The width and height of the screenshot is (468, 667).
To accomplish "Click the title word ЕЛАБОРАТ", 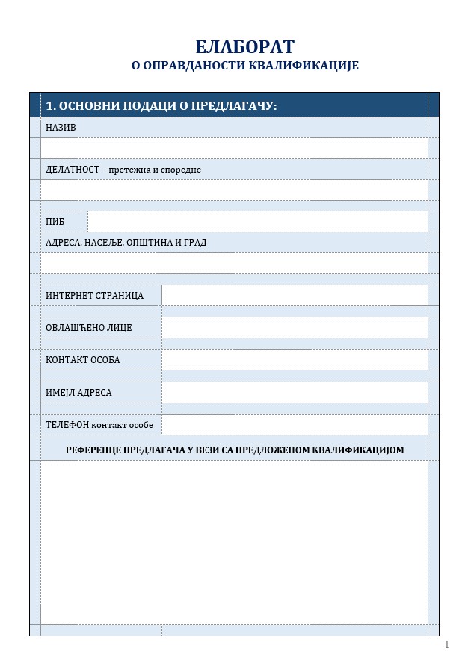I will tap(244, 47).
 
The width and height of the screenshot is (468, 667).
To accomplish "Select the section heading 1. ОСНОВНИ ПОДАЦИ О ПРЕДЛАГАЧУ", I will tap(161, 106).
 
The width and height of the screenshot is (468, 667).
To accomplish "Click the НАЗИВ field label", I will tap(61, 128).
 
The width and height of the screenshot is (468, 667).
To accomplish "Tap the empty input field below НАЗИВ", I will tap(234, 148).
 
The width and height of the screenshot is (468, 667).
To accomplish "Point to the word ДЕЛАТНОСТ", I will tap(73, 170).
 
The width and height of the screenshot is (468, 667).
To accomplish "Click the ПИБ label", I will tap(55, 222).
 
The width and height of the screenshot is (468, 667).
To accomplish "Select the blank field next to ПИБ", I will tap(257, 222).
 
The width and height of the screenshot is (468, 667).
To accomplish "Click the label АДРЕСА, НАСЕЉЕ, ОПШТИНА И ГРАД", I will tap(126, 243).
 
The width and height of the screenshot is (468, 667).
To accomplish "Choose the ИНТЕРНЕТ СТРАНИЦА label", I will tap(94, 296).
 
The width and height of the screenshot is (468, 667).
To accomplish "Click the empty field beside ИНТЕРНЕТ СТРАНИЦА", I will tap(295, 296).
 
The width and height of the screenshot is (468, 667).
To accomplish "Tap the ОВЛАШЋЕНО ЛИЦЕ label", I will tap(88, 328).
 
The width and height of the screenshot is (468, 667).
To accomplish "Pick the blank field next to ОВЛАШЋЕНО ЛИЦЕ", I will tap(295, 328).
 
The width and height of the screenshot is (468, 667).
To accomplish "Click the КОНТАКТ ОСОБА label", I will tap(82, 360).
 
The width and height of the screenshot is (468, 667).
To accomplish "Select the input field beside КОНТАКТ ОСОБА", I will tap(295, 360).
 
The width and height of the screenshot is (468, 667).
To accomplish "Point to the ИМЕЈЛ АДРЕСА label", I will tap(78, 393).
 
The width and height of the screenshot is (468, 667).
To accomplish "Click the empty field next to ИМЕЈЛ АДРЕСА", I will tap(295, 393).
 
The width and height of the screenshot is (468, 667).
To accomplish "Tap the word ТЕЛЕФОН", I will tap(67, 425).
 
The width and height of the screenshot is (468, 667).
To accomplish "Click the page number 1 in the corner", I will tap(446, 645).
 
